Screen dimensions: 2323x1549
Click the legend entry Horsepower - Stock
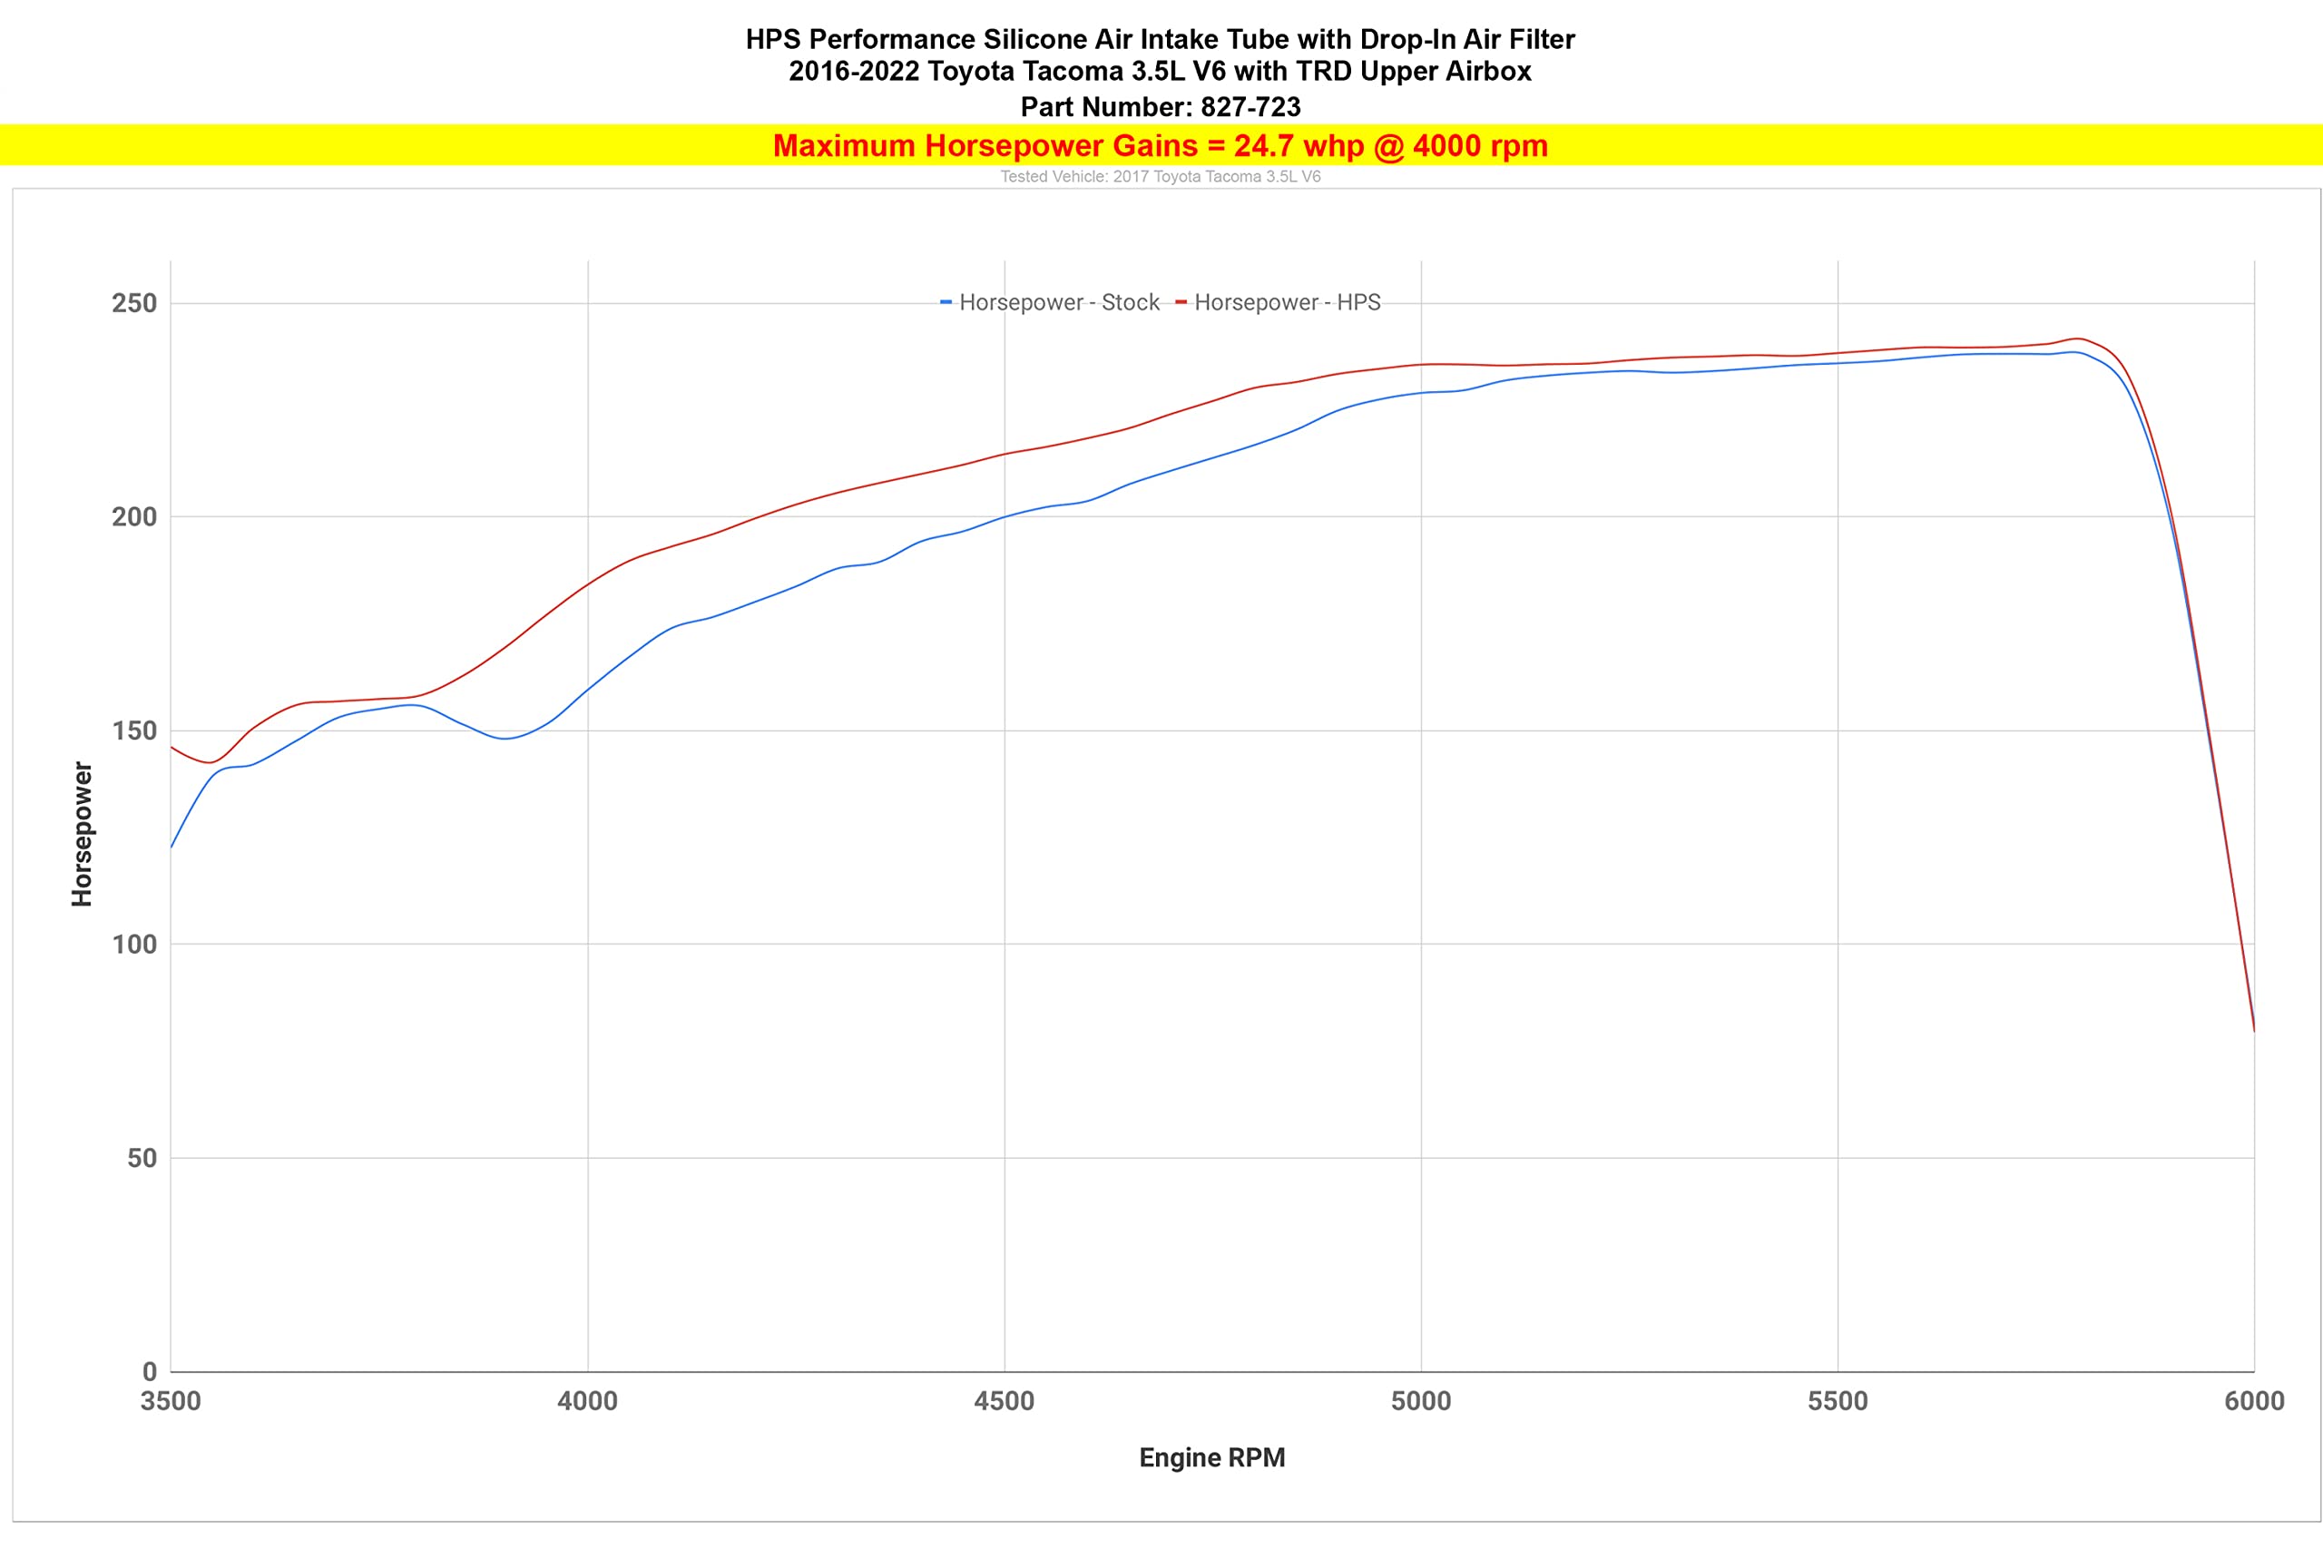coord(1050,302)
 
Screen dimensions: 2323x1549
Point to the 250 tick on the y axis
coord(134,303)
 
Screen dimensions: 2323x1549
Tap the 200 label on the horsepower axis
coord(134,516)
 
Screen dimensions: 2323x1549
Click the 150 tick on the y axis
coord(134,731)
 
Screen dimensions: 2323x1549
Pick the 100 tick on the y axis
coord(134,945)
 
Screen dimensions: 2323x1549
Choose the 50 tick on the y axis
coord(142,1158)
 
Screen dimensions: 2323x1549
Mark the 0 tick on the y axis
coord(150,1371)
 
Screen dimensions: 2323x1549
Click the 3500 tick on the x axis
coord(171,1401)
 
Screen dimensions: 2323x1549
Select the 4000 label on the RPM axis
coord(588,1401)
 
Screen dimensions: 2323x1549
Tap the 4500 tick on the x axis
coord(1005,1401)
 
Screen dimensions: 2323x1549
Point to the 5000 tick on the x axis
coord(1421,1401)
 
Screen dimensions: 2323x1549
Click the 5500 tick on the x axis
coord(1838,1401)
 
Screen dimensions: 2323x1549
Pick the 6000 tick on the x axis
coord(2255,1401)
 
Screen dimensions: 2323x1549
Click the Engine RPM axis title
coord(1212,1458)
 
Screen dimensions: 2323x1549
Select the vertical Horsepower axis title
coord(82,834)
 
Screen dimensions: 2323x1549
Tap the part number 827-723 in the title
coord(1250,107)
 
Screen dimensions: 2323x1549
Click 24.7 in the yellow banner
coord(1263,146)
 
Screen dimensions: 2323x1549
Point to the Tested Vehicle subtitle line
coord(1161,177)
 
